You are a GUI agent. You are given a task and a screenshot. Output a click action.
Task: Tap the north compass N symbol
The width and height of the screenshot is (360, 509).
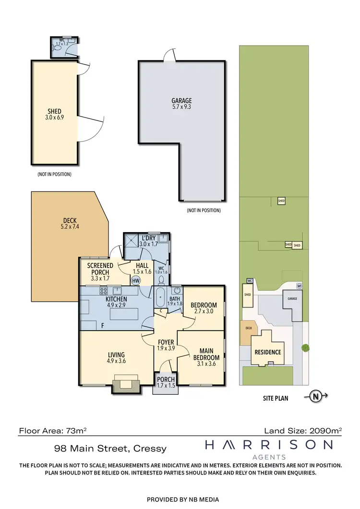click(315, 396)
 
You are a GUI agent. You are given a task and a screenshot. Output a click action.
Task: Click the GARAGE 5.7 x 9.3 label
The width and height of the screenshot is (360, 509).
click(181, 105)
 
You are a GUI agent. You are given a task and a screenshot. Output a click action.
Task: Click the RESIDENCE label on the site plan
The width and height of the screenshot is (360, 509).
click(267, 352)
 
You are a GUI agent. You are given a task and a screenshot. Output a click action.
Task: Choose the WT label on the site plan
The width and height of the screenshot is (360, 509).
click(300, 286)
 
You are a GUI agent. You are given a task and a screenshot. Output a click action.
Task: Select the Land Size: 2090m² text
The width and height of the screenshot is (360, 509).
click(303, 431)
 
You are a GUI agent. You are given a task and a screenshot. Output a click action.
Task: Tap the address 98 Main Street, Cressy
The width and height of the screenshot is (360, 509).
click(110, 449)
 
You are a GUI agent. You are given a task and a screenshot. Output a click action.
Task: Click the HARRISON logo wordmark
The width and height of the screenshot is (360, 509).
click(269, 445)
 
